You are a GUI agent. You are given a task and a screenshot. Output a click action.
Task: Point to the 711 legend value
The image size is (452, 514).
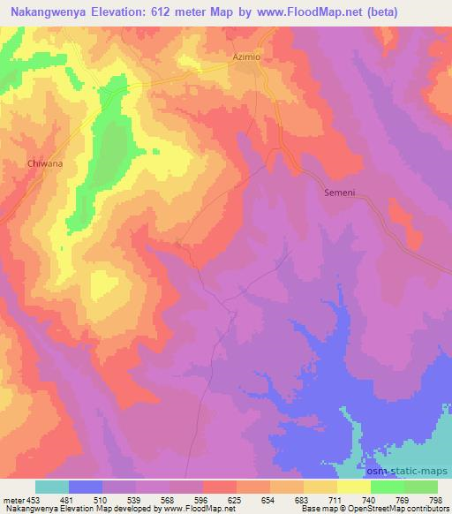(x=336, y=499)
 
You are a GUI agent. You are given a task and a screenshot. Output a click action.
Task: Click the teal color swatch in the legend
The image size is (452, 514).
(x=52, y=487)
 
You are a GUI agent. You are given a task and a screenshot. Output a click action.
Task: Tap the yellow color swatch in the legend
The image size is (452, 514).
(x=353, y=487)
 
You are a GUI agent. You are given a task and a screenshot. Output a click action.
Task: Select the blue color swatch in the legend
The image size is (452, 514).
(x=86, y=487)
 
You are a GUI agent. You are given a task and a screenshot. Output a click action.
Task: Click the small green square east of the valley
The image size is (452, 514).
(x=155, y=150)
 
